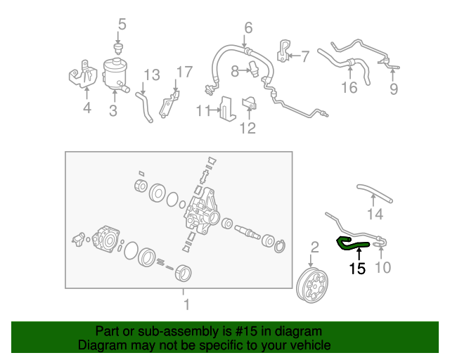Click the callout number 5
point(122,25)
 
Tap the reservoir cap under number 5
point(118,48)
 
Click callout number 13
point(152,75)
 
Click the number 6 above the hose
point(247,29)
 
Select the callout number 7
point(305,55)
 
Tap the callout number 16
point(349,88)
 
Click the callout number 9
point(394,89)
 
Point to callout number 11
point(203,110)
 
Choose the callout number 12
point(247,128)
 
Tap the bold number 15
point(357,268)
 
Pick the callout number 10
point(384,267)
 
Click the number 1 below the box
point(186,305)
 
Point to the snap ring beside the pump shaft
point(280,245)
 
